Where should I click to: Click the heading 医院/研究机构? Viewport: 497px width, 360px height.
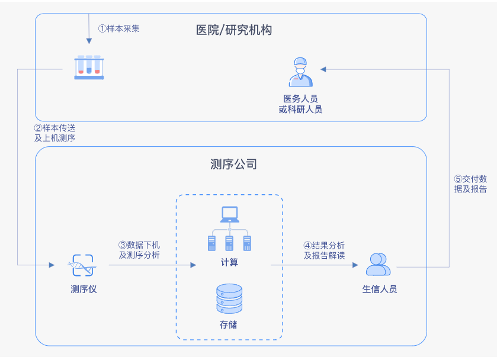tap(234, 30)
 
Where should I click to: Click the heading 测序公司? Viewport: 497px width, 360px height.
tap(234, 164)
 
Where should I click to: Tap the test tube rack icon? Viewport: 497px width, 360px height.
tap(89, 67)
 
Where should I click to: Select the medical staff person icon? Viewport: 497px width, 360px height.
tap(300, 72)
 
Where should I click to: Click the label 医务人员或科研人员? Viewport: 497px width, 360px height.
tap(300, 104)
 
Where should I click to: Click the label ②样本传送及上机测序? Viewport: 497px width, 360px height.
tap(55, 133)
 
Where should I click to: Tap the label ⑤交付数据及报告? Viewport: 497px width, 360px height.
tap(470, 184)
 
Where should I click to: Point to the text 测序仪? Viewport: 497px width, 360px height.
tap(83, 290)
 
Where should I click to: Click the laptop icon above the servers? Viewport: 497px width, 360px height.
tap(229, 214)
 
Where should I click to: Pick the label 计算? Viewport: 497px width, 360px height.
tap(229, 262)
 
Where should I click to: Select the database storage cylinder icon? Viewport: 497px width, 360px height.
tap(229, 298)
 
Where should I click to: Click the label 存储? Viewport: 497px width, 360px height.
tap(229, 324)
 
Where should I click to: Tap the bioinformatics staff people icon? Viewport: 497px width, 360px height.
tap(378, 265)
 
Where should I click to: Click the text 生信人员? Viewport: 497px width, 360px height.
tap(380, 290)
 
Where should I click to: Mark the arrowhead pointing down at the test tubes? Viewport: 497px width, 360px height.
tap(89, 41)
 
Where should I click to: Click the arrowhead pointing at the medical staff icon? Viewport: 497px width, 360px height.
tap(323, 69)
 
